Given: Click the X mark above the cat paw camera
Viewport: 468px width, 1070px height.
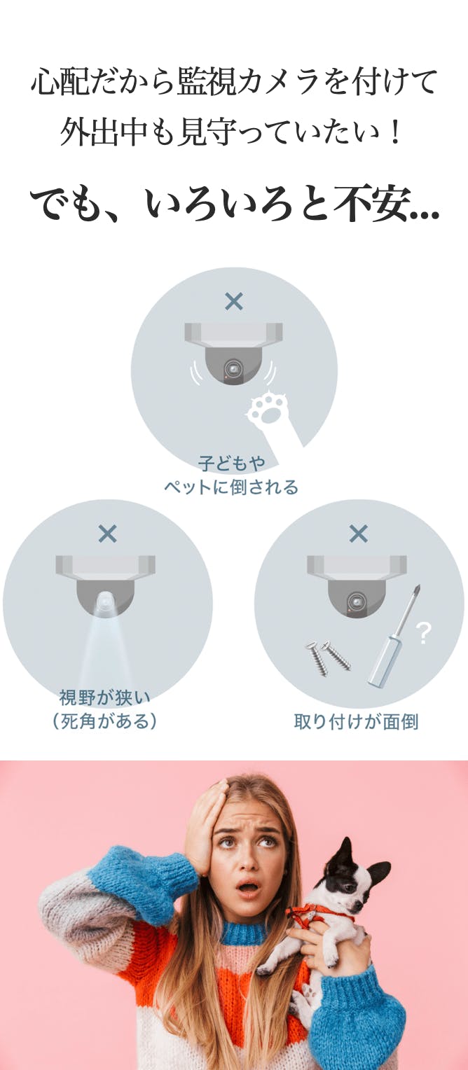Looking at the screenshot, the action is pos(234,301).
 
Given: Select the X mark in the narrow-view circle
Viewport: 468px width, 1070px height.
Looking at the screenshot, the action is pos(107,534).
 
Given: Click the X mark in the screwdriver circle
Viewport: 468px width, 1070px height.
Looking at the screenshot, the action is pos(358,534).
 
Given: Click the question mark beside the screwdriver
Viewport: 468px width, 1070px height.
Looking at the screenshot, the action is pos(423,633).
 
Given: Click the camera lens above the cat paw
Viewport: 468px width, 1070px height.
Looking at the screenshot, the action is pos(233,368).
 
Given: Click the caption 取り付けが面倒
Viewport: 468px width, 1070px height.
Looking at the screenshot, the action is pos(356,721).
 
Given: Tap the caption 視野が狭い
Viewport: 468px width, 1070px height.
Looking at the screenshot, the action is pos(104,697).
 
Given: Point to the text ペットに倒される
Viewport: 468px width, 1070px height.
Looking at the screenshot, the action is pos(231,487).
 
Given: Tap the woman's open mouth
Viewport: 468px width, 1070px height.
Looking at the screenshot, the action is pos(248,888).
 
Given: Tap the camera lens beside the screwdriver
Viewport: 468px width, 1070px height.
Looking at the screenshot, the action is pos(355,600).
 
